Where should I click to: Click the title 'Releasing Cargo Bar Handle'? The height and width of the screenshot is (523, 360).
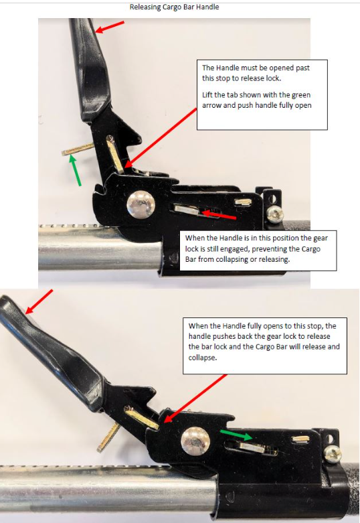[174, 7]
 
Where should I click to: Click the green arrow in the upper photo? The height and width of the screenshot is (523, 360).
[76, 171]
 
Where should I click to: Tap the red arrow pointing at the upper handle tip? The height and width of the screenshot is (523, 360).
[109, 27]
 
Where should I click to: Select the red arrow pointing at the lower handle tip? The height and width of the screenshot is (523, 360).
[39, 301]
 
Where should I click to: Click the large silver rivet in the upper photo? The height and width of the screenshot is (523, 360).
[141, 204]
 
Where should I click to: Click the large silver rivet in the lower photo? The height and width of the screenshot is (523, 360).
[195, 441]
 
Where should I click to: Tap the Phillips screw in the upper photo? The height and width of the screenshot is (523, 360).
[275, 214]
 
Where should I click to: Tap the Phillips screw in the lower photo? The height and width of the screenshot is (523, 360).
[333, 455]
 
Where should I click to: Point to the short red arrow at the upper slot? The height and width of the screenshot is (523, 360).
[218, 214]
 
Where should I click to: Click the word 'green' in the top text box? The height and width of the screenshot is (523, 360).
[301, 95]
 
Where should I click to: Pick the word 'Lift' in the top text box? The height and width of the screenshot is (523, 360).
[207, 94]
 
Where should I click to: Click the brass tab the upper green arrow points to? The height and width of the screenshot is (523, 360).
[78, 149]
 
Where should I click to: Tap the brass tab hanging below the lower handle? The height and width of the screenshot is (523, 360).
[108, 437]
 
